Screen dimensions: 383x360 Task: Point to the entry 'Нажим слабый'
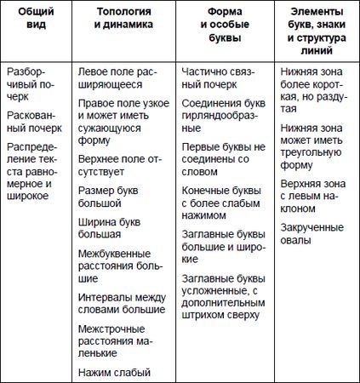click(113, 372)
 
